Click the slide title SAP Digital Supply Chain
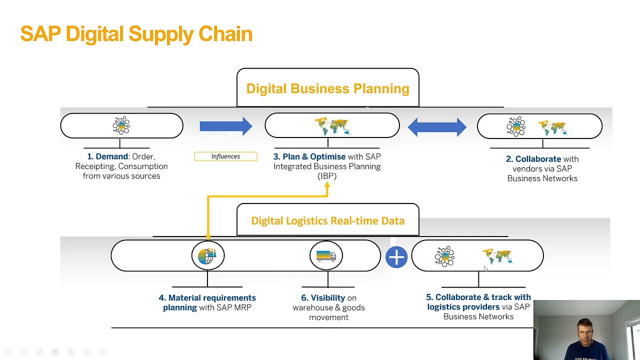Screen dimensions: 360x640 point(136,34)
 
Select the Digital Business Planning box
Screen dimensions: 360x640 point(327,88)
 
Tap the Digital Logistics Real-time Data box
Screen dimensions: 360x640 point(327,220)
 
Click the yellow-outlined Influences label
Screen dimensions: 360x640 point(225,156)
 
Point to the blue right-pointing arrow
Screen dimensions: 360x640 point(225,126)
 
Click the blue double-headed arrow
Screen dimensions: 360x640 point(437,127)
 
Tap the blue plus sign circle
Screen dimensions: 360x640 point(396,257)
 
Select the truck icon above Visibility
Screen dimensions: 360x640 point(326,256)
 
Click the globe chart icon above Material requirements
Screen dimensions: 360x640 point(207,256)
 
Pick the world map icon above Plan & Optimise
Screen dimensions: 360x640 point(332,126)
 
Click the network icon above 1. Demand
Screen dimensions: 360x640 point(121,125)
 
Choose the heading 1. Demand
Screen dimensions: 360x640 point(107,156)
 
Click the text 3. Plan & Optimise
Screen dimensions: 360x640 point(309,156)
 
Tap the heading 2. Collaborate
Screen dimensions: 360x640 point(533,159)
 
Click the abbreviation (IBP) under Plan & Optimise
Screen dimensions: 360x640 point(327,176)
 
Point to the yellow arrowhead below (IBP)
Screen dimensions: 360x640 point(327,185)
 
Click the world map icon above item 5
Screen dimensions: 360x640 point(497,256)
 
